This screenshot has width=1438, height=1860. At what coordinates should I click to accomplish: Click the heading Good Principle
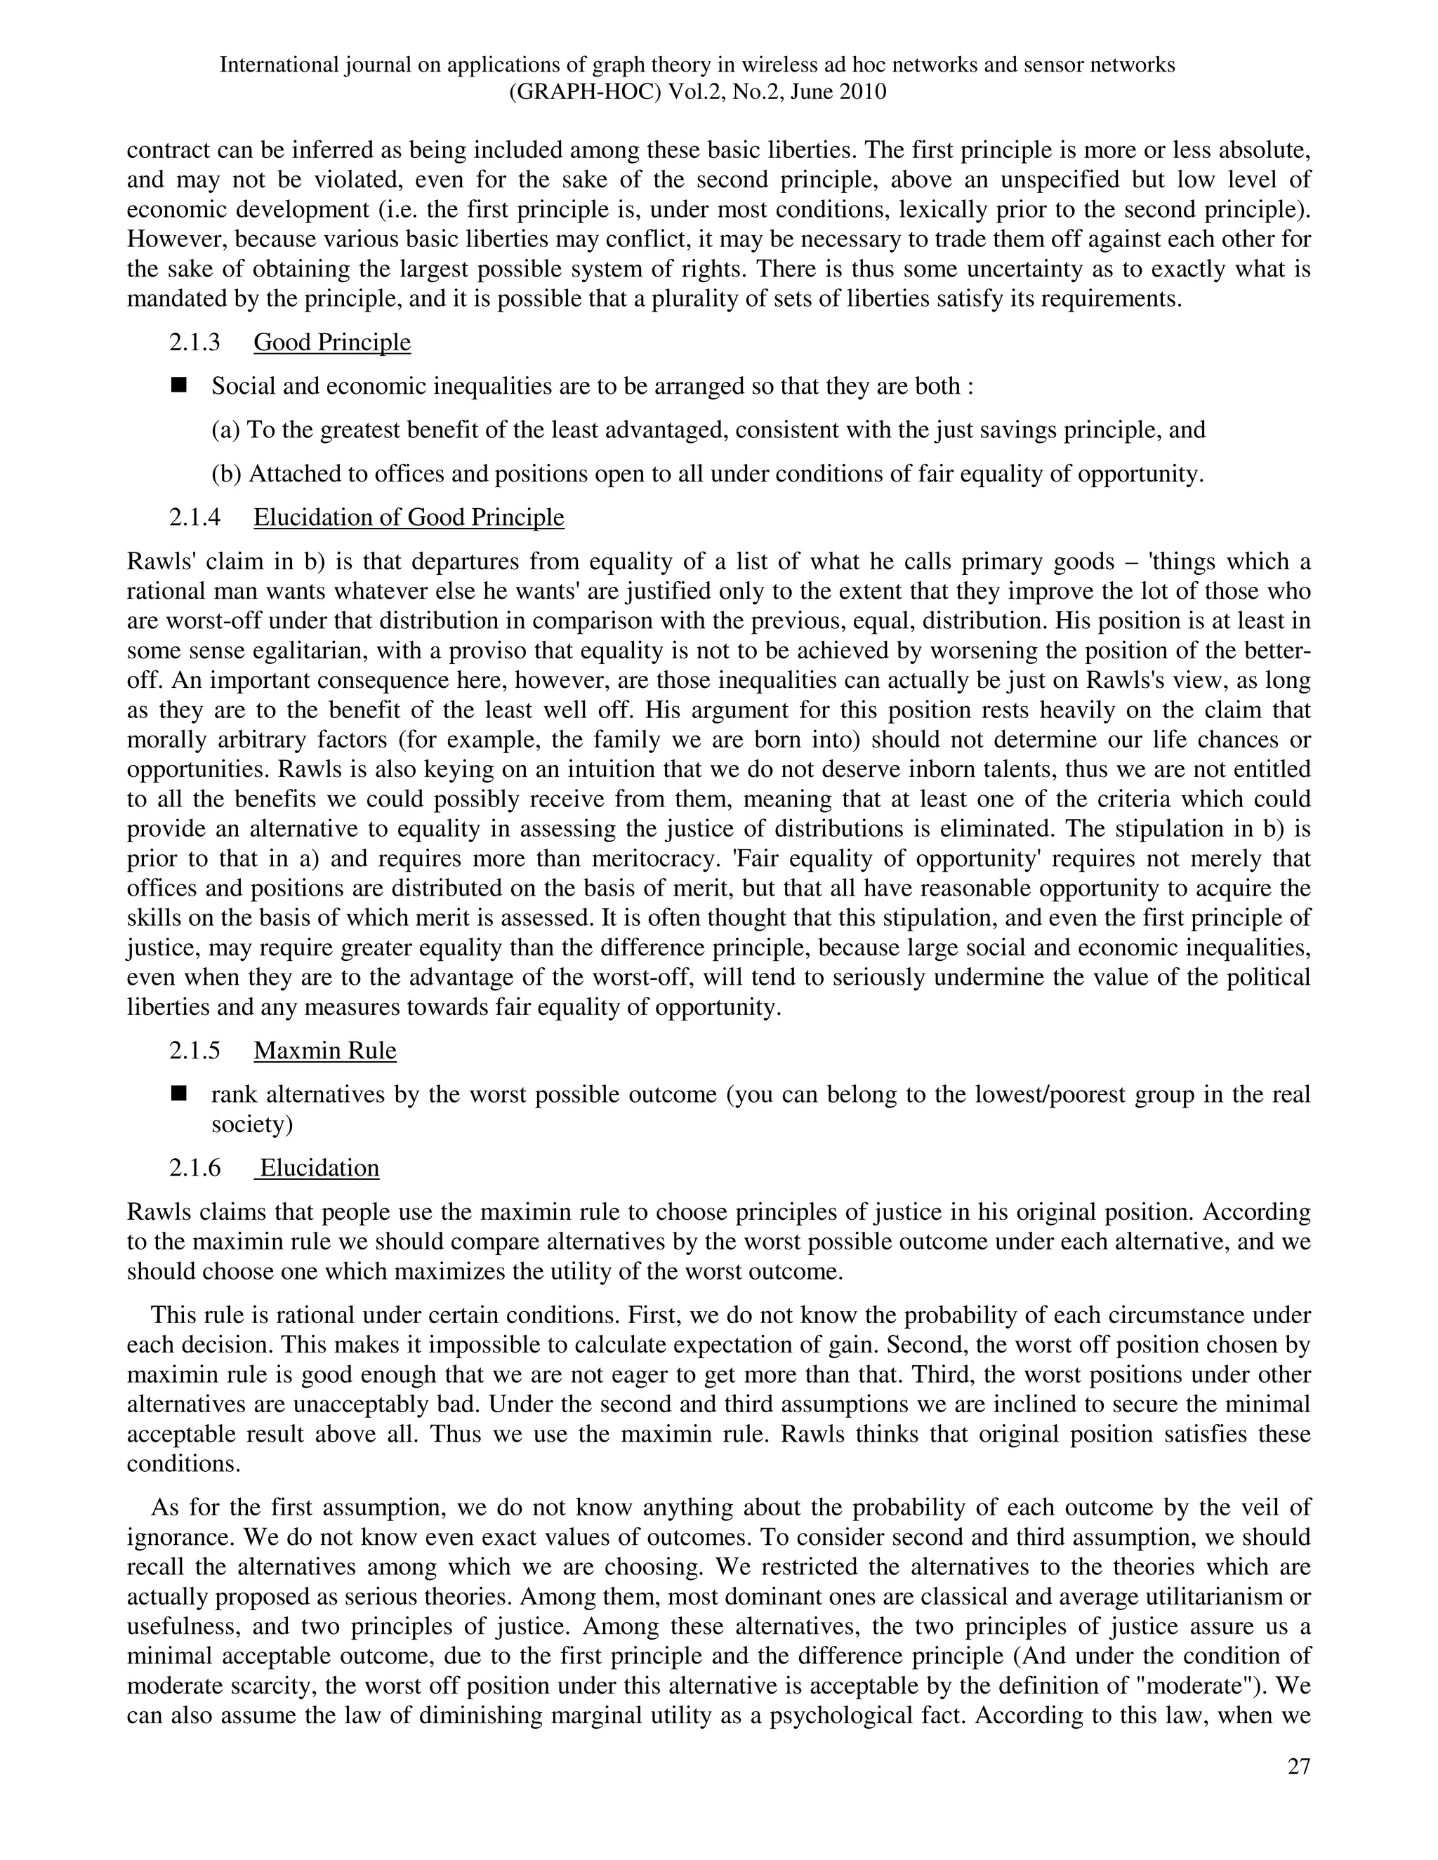331,343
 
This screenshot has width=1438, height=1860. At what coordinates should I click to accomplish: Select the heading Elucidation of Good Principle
408,517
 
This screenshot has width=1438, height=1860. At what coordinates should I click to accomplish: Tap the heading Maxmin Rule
324,1050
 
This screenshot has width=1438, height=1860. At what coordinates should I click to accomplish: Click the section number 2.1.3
194,343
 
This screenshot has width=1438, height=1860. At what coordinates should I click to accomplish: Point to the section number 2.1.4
194,517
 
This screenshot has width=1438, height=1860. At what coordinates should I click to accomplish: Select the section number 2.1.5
194,1050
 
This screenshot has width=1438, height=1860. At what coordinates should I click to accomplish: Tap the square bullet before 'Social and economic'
179,386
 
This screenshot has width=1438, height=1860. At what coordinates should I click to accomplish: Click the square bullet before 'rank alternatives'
179,1094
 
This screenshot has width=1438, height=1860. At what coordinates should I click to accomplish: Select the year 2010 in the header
862,92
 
